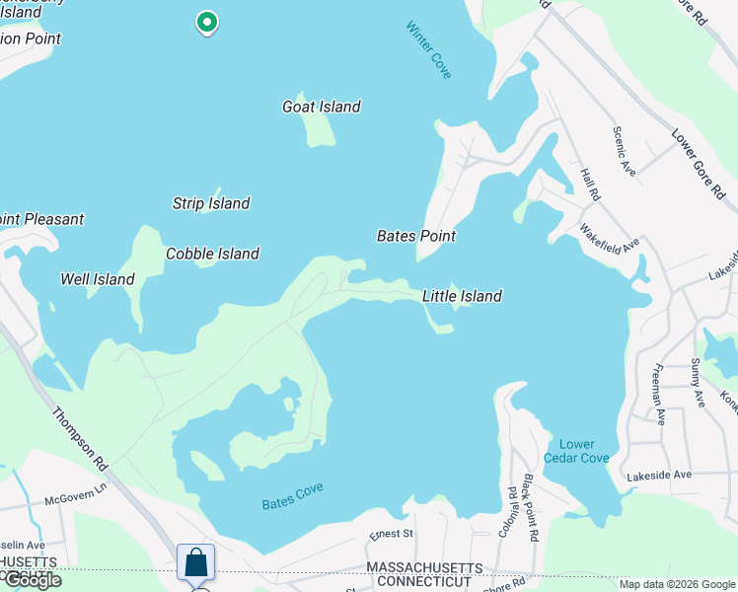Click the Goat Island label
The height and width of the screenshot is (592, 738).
(x=322, y=107)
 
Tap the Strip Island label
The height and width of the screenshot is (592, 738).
(x=211, y=203)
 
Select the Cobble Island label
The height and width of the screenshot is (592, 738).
(x=212, y=254)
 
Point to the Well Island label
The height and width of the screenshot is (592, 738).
(x=98, y=279)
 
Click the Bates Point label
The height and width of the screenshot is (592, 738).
(x=416, y=236)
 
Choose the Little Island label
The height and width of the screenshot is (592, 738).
(x=462, y=296)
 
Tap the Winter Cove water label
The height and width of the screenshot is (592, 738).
(x=429, y=49)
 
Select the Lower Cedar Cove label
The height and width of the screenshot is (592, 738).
(x=577, y=451)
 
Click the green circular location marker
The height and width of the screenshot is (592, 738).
(x=206, y=21)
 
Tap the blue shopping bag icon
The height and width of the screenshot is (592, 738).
(x=196, y=562)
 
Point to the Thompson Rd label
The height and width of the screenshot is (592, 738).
(x=79, y=438)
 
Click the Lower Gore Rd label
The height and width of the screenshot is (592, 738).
(x=698, y=163)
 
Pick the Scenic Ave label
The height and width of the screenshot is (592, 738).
(x=624, y=151)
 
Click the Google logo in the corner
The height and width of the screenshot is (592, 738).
(x=32, y=580)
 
